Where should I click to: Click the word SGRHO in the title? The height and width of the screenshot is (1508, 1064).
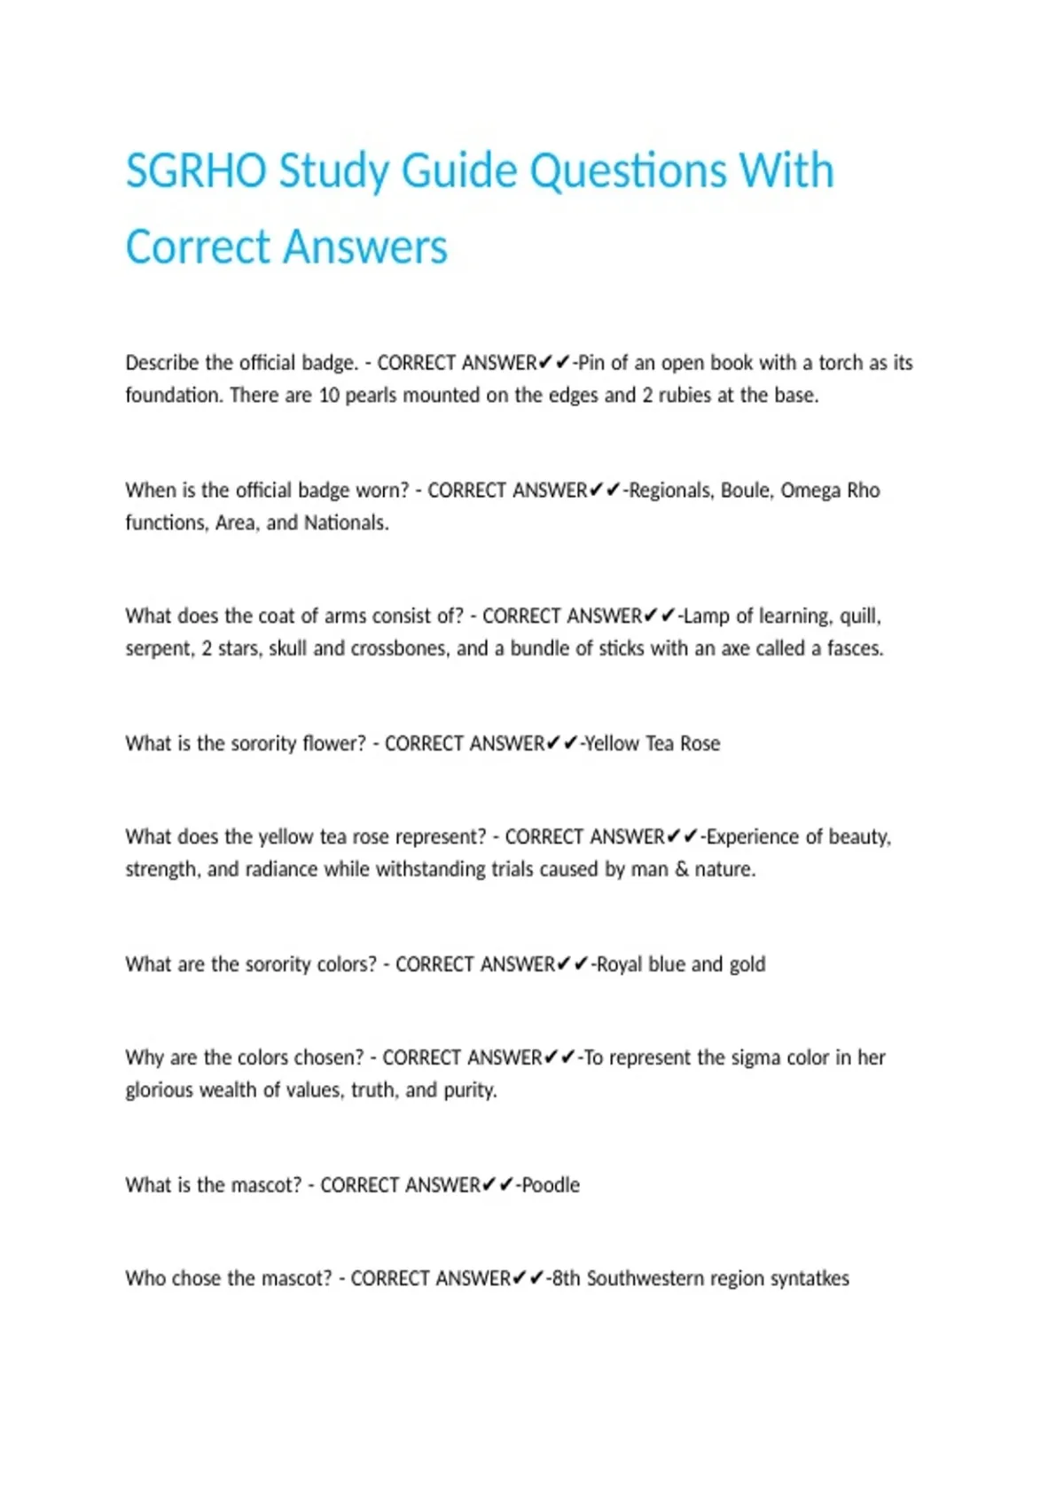(x=196, y=170)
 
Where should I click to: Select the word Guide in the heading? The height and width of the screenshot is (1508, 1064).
(x=458, y=170)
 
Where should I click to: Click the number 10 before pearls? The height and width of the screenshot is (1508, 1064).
(x=329, y=395)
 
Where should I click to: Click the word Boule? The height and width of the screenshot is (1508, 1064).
(x=746, y=491)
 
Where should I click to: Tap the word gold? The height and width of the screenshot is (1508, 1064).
(x=747, y=964)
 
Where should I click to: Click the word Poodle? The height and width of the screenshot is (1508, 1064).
(x=551, y=1185)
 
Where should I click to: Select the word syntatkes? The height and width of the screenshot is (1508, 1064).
(x=810, y=1278)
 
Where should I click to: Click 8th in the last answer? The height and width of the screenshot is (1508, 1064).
(x=566, y=1278)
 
